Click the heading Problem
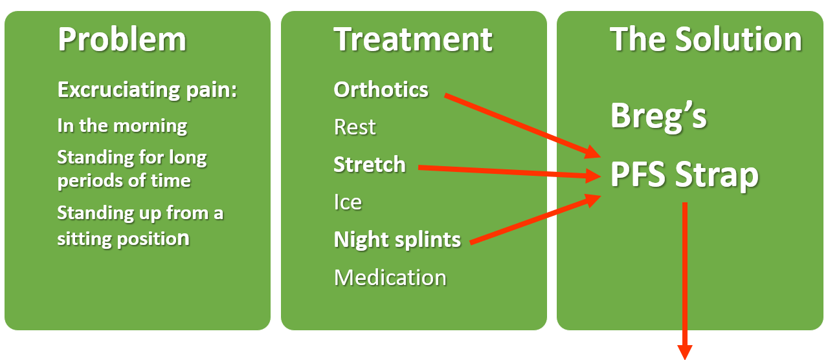click(x=122, y=39)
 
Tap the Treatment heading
click(x=413, y=39)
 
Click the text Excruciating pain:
click(x=147, y=90)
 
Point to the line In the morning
click(x=122, y=126)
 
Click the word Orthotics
click(x=381, y=90)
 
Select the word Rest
click(x=355, y=127)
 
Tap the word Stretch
click(x=370, y=165)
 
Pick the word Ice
click(x=348, y=202)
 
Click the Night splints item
click(x=397, y=240)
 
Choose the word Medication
click(x=390, y=277)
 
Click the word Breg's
click(x=658, y=116)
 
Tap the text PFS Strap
click(x=684, y=176)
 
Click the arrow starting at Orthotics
click(x=522, y=126)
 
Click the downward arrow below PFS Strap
click(x=685, y=281)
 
